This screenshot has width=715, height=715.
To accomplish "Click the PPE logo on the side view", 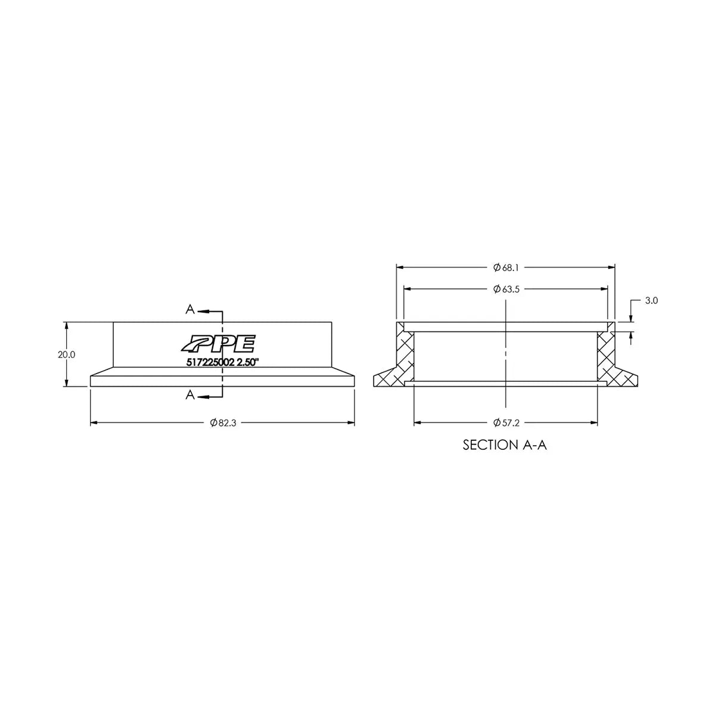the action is click(x=218, y=343).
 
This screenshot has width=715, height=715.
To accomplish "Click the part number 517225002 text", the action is click(x=210, y=362).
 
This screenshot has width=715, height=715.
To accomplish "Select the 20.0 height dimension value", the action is click(x=66, y=355).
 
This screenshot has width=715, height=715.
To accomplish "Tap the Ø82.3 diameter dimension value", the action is click(x=223, y=423).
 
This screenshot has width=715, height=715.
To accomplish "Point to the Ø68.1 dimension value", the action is click(x=506, y=268).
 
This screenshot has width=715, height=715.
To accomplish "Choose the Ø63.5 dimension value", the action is click(x=506, y=289).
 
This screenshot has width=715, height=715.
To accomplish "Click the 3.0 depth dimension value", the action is click(x=651, y=300).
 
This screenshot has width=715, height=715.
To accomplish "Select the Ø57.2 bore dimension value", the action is click(x=506, y=423).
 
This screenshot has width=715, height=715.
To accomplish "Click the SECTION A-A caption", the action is click(x=505, y=445).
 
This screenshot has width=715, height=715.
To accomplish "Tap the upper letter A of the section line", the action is click(x=190, y=309).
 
